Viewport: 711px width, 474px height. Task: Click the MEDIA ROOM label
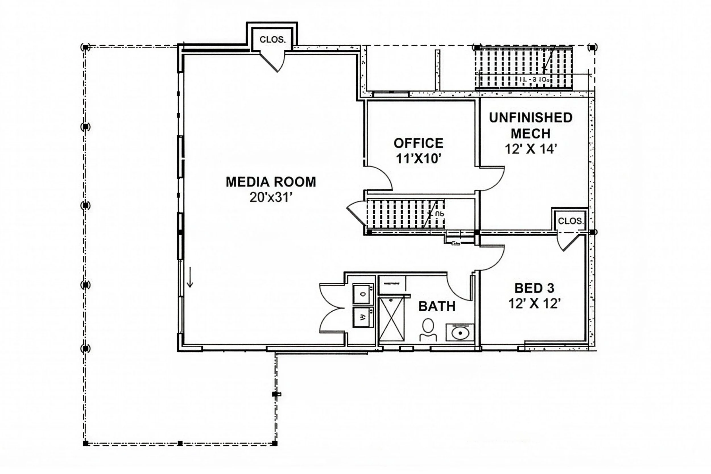(x=271, y=182)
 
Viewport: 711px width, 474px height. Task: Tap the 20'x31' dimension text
(x=271, y=198)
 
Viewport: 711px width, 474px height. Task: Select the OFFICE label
(x=418, y=143)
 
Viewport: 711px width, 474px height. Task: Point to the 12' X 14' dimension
(x=531, y=149)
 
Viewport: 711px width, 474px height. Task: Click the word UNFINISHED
(x=531, y=118)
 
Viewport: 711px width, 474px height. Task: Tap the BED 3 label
(x=534, y=288)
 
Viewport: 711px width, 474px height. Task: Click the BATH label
(x=437, y=307)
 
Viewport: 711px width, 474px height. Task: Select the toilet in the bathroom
(x=428, y=330)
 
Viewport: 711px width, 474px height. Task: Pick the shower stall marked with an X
(x=391, y=319)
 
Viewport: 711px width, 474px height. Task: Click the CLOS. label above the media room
(x=272, y=40)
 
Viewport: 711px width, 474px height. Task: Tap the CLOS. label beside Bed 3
(x=570, y=221)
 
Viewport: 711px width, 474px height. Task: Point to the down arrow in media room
(x=190, y=277)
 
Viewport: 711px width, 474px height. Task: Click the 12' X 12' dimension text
(x=534, y=303)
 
